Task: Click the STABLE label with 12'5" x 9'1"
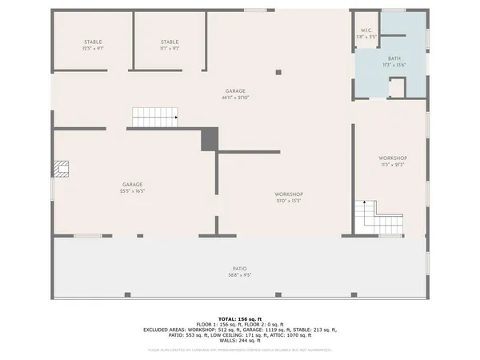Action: [x=93, y=42]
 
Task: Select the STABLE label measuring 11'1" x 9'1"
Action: [x=170, y=42]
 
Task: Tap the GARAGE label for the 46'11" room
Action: [x=234, y=91]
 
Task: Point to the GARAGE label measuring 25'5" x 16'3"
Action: [x=132, y=185]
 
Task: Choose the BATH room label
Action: [x=394, y=58]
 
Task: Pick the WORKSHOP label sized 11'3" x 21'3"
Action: [x=393, y=158]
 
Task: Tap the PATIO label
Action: [x=239, y=269]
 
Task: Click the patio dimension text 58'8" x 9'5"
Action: [x=239, y=276]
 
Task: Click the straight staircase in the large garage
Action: [x=154, y=118]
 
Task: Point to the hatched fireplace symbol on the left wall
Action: [x=62, y=169]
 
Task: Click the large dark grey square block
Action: [x=209, y=139]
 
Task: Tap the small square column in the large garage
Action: [x=278, y=72]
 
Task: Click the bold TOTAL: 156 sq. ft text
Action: [x=239, y=318]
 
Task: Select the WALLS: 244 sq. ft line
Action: [x=239, y=341]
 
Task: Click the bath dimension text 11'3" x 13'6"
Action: [x=394, y=66]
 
